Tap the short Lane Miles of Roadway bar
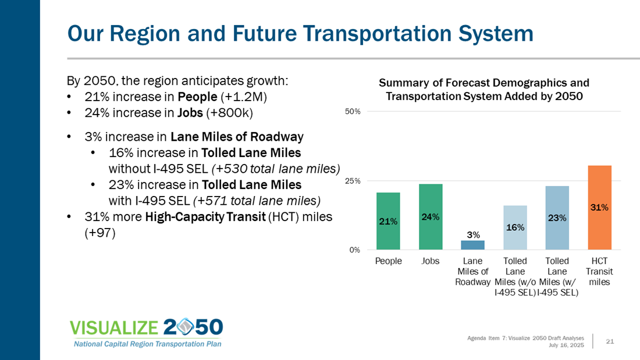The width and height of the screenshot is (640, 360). point(473,245)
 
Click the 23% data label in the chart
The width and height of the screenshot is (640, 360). point(557,218)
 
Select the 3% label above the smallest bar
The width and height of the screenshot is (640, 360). point(473,234)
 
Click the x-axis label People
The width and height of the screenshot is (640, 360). point(388,261)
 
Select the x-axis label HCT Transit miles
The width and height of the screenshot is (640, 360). point(599,272)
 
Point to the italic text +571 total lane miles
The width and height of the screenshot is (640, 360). point(257,201)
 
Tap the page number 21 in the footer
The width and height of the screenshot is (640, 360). point(610,341)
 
